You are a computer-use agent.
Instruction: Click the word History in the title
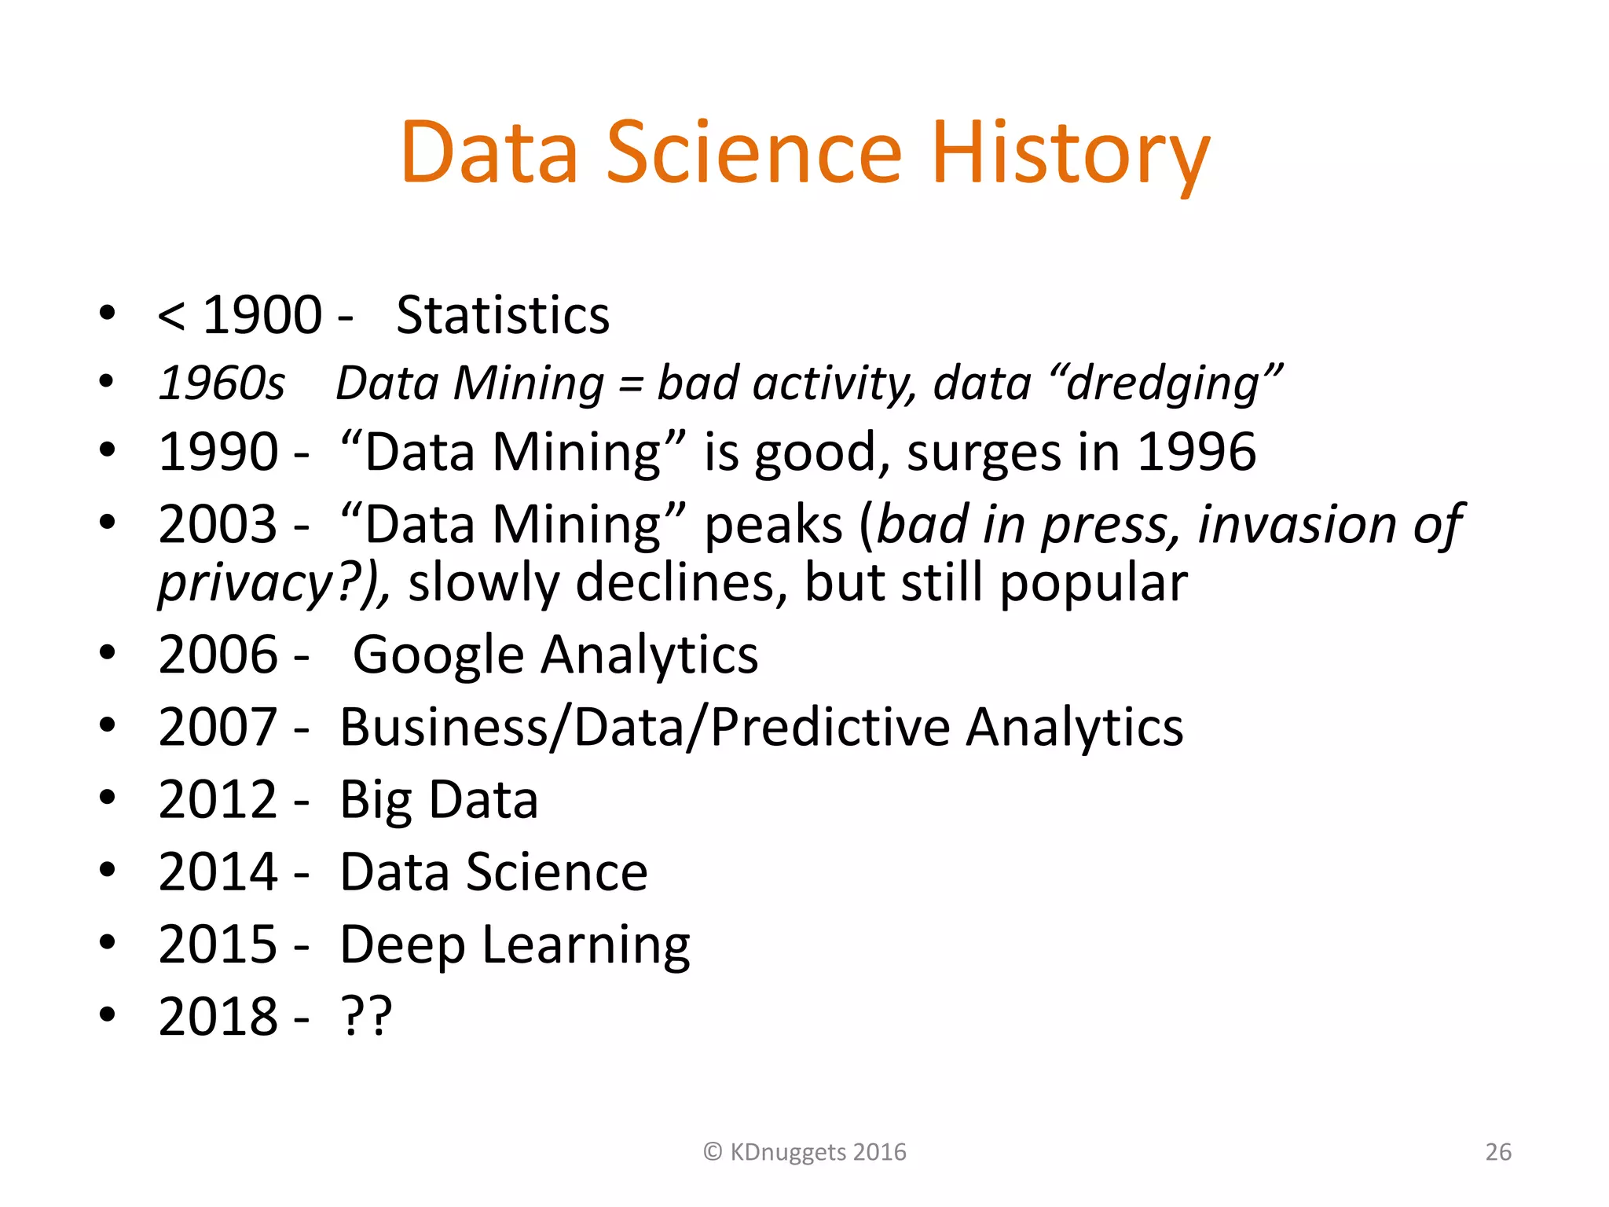tap(1070, 153)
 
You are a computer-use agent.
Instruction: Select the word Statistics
tap(503, 315)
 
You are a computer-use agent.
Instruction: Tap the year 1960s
tap(222, 383)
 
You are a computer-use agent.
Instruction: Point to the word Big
tap(376, 801)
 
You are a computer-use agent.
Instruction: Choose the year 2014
tap(218, 872)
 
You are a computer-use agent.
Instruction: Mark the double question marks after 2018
tap(366, 1016)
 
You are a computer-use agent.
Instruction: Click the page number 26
tap(1498, 1152)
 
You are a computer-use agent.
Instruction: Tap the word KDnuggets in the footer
tap(788, 1152)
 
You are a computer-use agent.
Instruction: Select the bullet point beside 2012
tap(108, 797)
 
